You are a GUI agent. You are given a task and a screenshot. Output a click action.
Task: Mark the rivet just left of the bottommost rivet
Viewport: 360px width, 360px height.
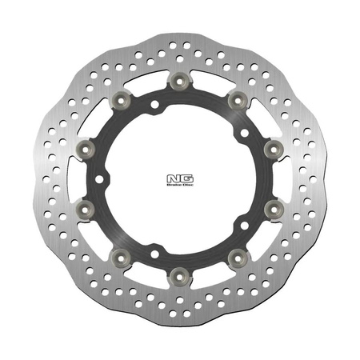click(x=123, y=257)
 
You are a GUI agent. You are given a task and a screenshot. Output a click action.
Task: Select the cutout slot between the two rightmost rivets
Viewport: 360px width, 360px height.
click(x=285, y=178)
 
